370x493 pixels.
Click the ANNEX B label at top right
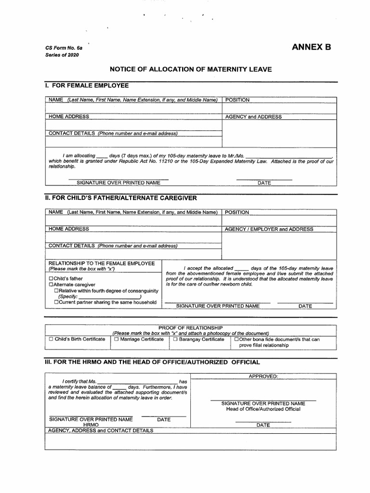tap(311, 48)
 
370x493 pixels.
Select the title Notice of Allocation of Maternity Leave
tap(191, 69)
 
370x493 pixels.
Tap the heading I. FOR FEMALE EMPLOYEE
tap(87, 85)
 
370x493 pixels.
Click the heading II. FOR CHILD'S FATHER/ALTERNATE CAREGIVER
tap(121, 198)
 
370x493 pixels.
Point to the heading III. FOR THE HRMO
tap(152, 362)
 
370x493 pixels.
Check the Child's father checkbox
tap(51, 279)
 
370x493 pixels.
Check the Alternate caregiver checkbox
tap(51, 285)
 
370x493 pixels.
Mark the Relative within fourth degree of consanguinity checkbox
tap(56, 290)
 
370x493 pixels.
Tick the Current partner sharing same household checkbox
tap(56, 302)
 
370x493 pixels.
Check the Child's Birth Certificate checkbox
tap(51, 339)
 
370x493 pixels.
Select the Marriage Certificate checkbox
tap(116, 339)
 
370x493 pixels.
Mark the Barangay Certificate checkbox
tap(176, 339)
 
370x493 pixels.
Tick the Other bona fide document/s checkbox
tap(236, 339)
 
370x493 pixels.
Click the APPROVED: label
tap(263, 376)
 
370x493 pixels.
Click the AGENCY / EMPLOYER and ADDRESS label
tap(269, 229)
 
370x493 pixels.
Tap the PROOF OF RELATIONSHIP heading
tap(190, 327)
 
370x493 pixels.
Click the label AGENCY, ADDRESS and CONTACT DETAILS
tap(101, 430)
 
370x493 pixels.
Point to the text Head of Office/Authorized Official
tap(263, 409)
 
